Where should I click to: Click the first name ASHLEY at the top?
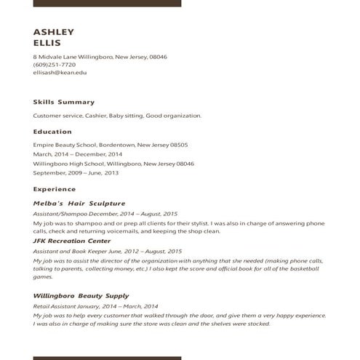pyautogui.click(x=54, y=31)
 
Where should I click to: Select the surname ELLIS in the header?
pyautogui.click(x=47, y=43)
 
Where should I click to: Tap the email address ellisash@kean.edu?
pyautogui.click(x=60, y=73)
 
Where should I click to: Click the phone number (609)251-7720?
pyautogui.click(x=54, y=65)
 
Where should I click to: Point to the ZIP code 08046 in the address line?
pyautogui.click(x=159, y=57)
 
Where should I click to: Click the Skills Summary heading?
pyautogui.click(x=64, y=102)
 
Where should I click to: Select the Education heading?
pyautogui.click(x=52, y=132)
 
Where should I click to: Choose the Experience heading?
pyautogui.click(x=55, y=189)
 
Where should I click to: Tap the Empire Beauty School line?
pyautogui.click(x=111, y=145)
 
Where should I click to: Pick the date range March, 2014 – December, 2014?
pyautogui.click(x=78, y=154)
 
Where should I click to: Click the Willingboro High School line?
pyautogui.click(x=113, y=164)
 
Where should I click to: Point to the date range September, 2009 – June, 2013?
pyautogui.click(x=76, y=173)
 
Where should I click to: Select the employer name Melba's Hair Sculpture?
pyautogui.click(x=79, y=204)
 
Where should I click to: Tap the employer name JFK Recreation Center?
pyautogui.click(x=72, y=241)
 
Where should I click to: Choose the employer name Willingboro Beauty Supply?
pyautogui.click(x=81, y=296)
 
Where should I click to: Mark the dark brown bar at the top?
pyautogui.click(x=107, y=3)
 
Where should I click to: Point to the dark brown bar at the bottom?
pyautogui.click(x=107, y=358)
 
